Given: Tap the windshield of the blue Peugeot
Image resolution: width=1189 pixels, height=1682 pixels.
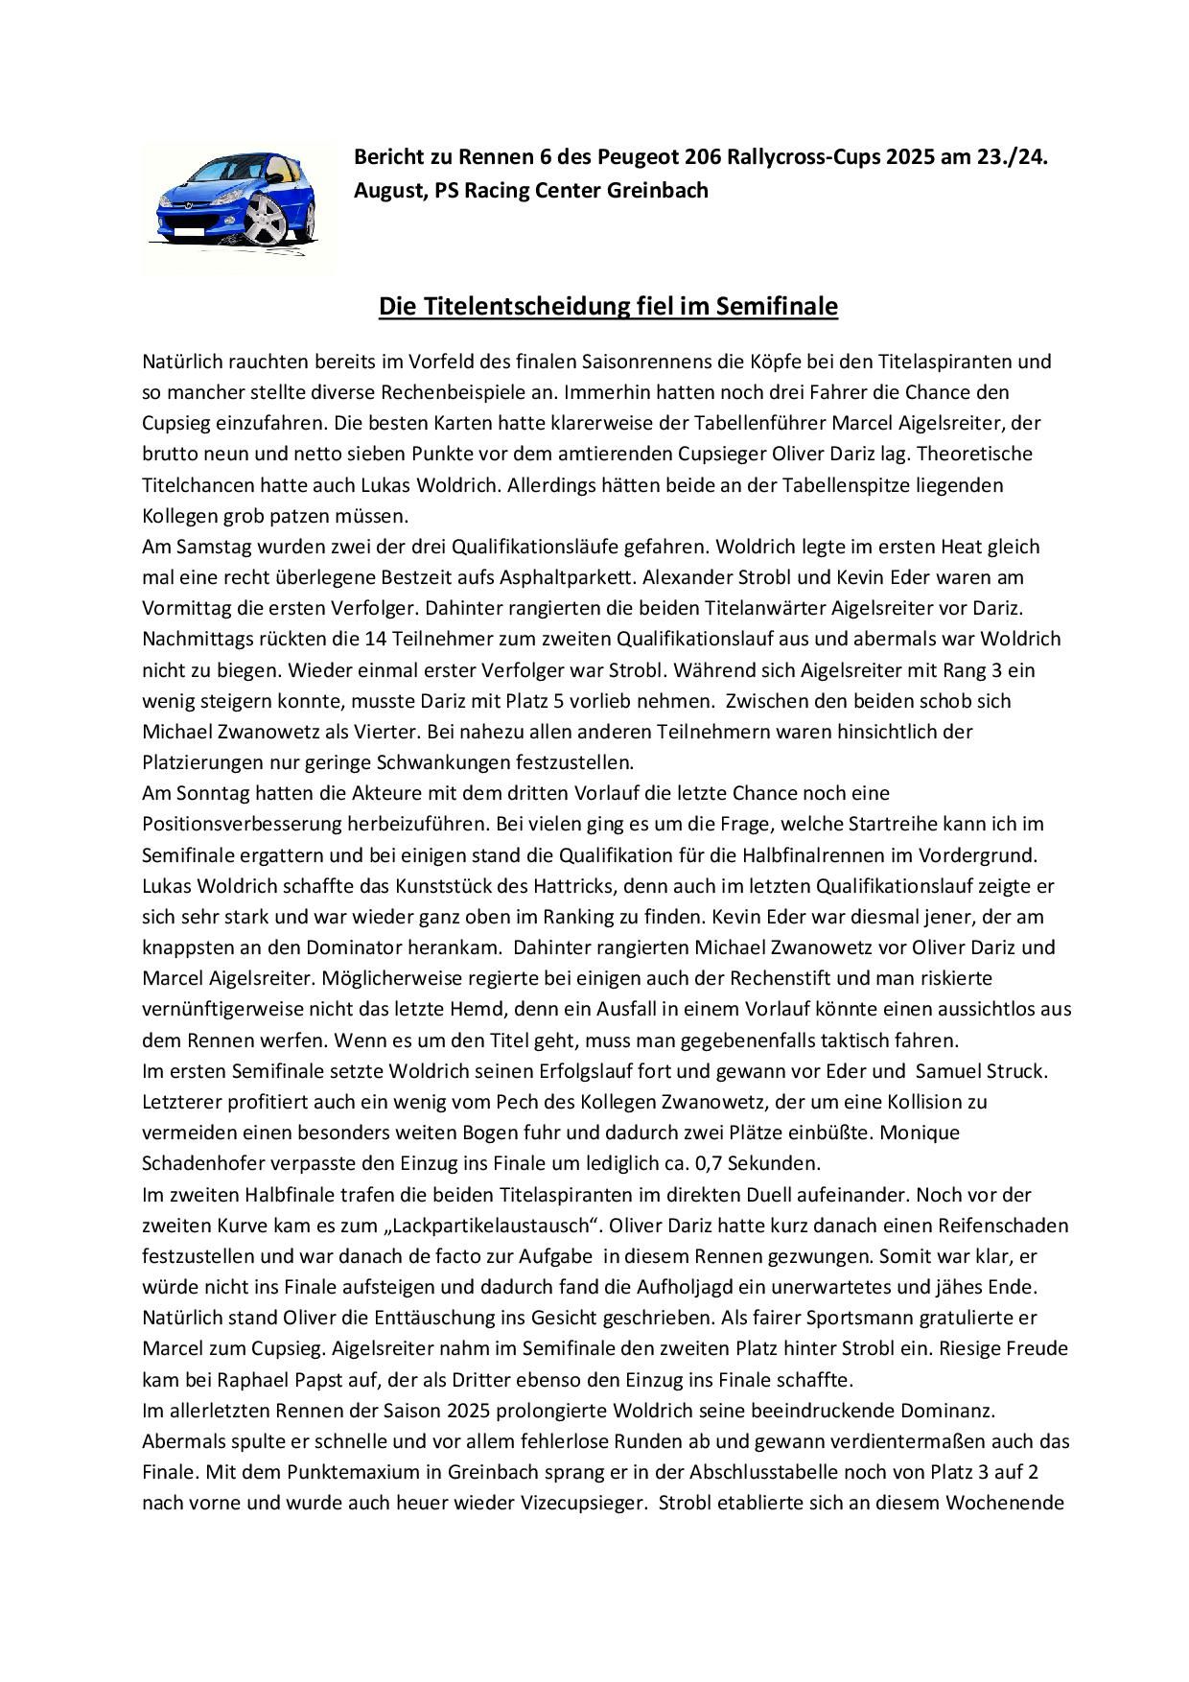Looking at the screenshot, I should pyautogui.click(x=220, y=176).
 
